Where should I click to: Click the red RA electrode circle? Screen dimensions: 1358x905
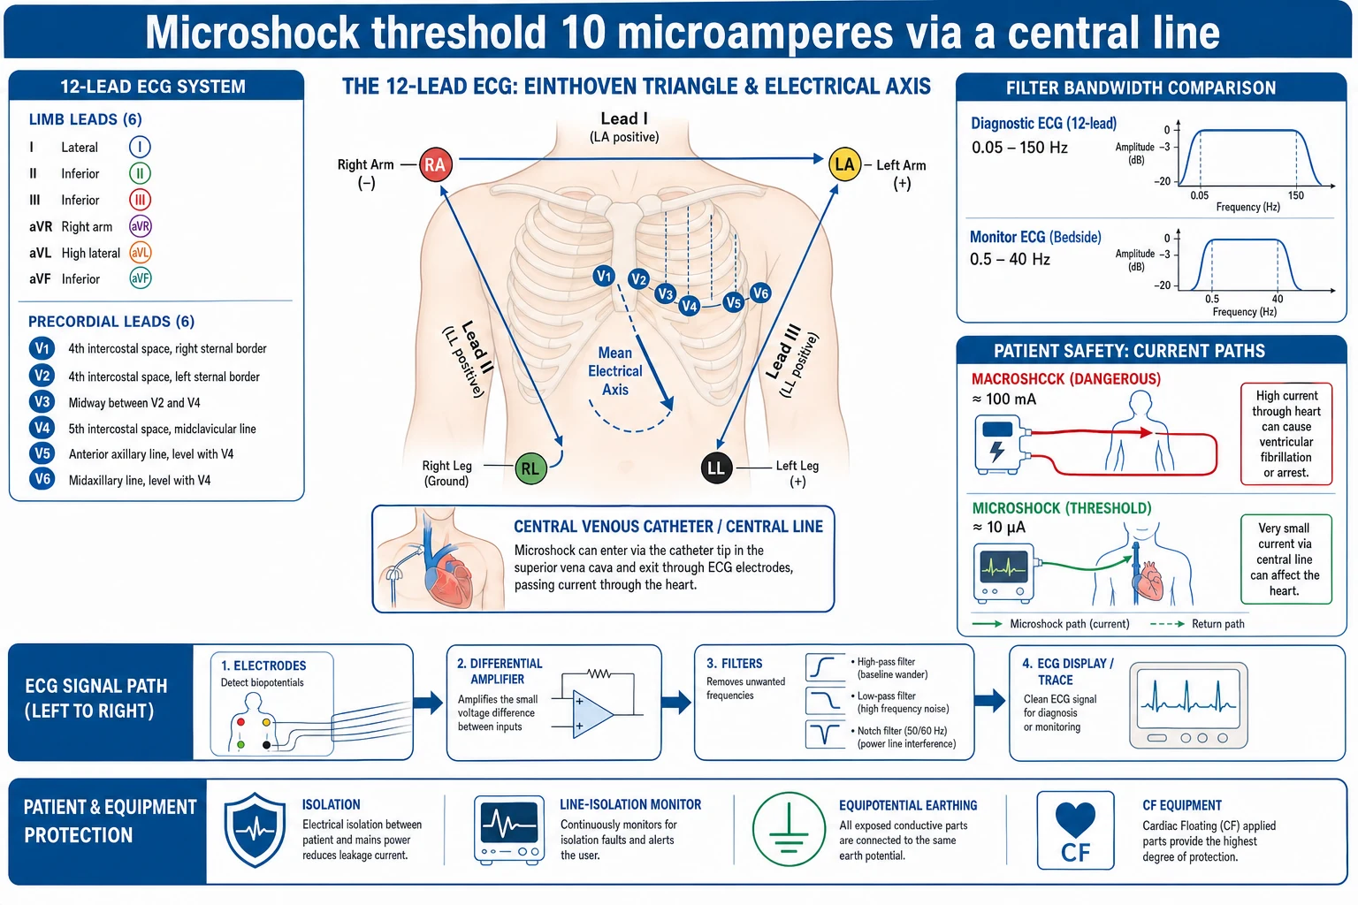(435, 164)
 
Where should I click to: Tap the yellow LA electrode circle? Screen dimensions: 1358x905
(844, 164)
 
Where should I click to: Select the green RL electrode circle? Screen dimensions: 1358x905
(530, 468)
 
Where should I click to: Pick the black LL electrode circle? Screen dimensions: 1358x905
(716, 468)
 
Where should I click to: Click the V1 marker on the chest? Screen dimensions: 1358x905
(604, 277)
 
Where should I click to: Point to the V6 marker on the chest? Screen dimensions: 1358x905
(760, 293)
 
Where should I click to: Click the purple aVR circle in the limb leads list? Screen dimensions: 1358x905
(140, 226)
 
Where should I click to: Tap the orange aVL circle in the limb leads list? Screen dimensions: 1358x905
(140, 252)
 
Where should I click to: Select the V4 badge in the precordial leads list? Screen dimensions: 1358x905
(42, 428)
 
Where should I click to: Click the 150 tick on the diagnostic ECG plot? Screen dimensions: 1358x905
(1295, 195)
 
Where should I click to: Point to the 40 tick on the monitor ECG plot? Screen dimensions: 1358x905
(1278, 299)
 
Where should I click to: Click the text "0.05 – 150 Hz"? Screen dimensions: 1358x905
(1019, 148)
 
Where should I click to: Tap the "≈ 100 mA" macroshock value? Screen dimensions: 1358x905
(1004, 399)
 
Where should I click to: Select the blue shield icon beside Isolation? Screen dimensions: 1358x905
(255, 830)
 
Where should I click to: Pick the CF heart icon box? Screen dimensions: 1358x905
(1075, 830)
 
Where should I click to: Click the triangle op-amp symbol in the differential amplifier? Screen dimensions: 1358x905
(592, 715)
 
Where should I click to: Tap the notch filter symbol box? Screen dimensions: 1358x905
(825, 734)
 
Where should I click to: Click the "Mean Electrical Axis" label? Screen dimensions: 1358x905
(614, 371)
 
